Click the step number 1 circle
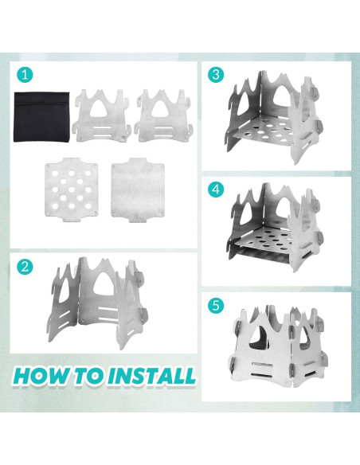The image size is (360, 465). [25, 75]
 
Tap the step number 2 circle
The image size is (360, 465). [25, 267]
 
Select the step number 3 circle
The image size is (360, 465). [216, 75]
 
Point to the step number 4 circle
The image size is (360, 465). [216, 190]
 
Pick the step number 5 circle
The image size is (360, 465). [216, 305]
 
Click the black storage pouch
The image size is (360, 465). [42, 116]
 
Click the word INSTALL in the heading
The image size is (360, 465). [151, 376]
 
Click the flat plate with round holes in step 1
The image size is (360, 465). [72, 190]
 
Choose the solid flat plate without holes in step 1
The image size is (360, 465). [137, 190]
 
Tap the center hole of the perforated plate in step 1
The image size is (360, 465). [72, 190]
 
